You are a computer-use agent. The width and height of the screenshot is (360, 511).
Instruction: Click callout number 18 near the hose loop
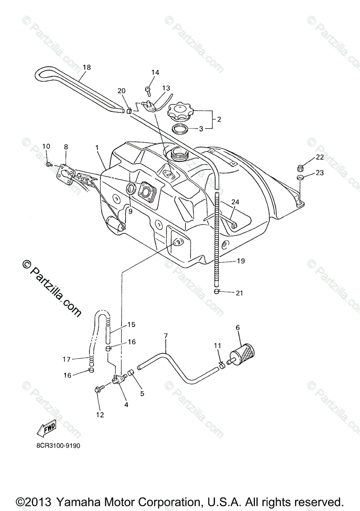click(x=87, y=67)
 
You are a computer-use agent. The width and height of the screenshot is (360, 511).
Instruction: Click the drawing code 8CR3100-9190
click(x=55, y=446)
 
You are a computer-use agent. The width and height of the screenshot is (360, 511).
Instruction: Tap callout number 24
click(x=235, y=202)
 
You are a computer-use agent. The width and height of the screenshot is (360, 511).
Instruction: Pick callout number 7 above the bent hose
click(x=166, y=336)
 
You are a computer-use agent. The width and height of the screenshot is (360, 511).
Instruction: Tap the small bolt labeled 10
click(x=49, y=164)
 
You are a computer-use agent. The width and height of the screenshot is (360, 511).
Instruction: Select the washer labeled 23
click(x=300, y=177)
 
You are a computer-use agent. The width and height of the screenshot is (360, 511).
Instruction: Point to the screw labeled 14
click(x=148, y=89)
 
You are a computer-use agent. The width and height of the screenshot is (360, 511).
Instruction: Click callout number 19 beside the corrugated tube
click(x=241, y=261)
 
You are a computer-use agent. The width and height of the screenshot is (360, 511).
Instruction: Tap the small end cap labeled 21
click(x=217, y=292)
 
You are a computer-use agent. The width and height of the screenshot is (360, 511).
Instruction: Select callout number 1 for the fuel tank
click(x=97, y=147)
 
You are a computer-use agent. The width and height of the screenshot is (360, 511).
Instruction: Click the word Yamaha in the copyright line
click(x=85, y=502)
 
